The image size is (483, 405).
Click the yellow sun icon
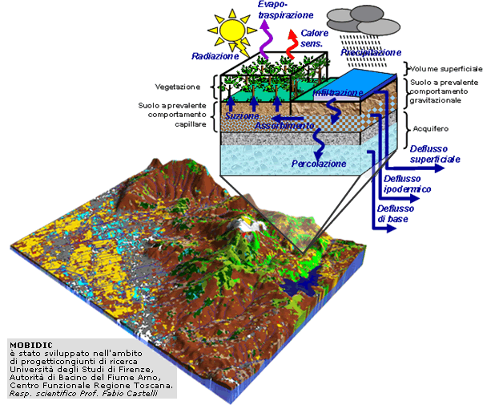tap(233, 29)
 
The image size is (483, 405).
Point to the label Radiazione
tap(214, 56)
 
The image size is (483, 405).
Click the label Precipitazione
tap(371, 53)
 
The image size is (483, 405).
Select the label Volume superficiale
tap(443, 68)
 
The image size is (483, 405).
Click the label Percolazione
tap(319, 164)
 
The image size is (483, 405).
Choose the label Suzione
tap(242, 116)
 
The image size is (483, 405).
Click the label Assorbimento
tap(284, 126)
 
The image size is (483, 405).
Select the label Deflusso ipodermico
tap(408, 184)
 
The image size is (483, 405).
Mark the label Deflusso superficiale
tap(435, 154)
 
